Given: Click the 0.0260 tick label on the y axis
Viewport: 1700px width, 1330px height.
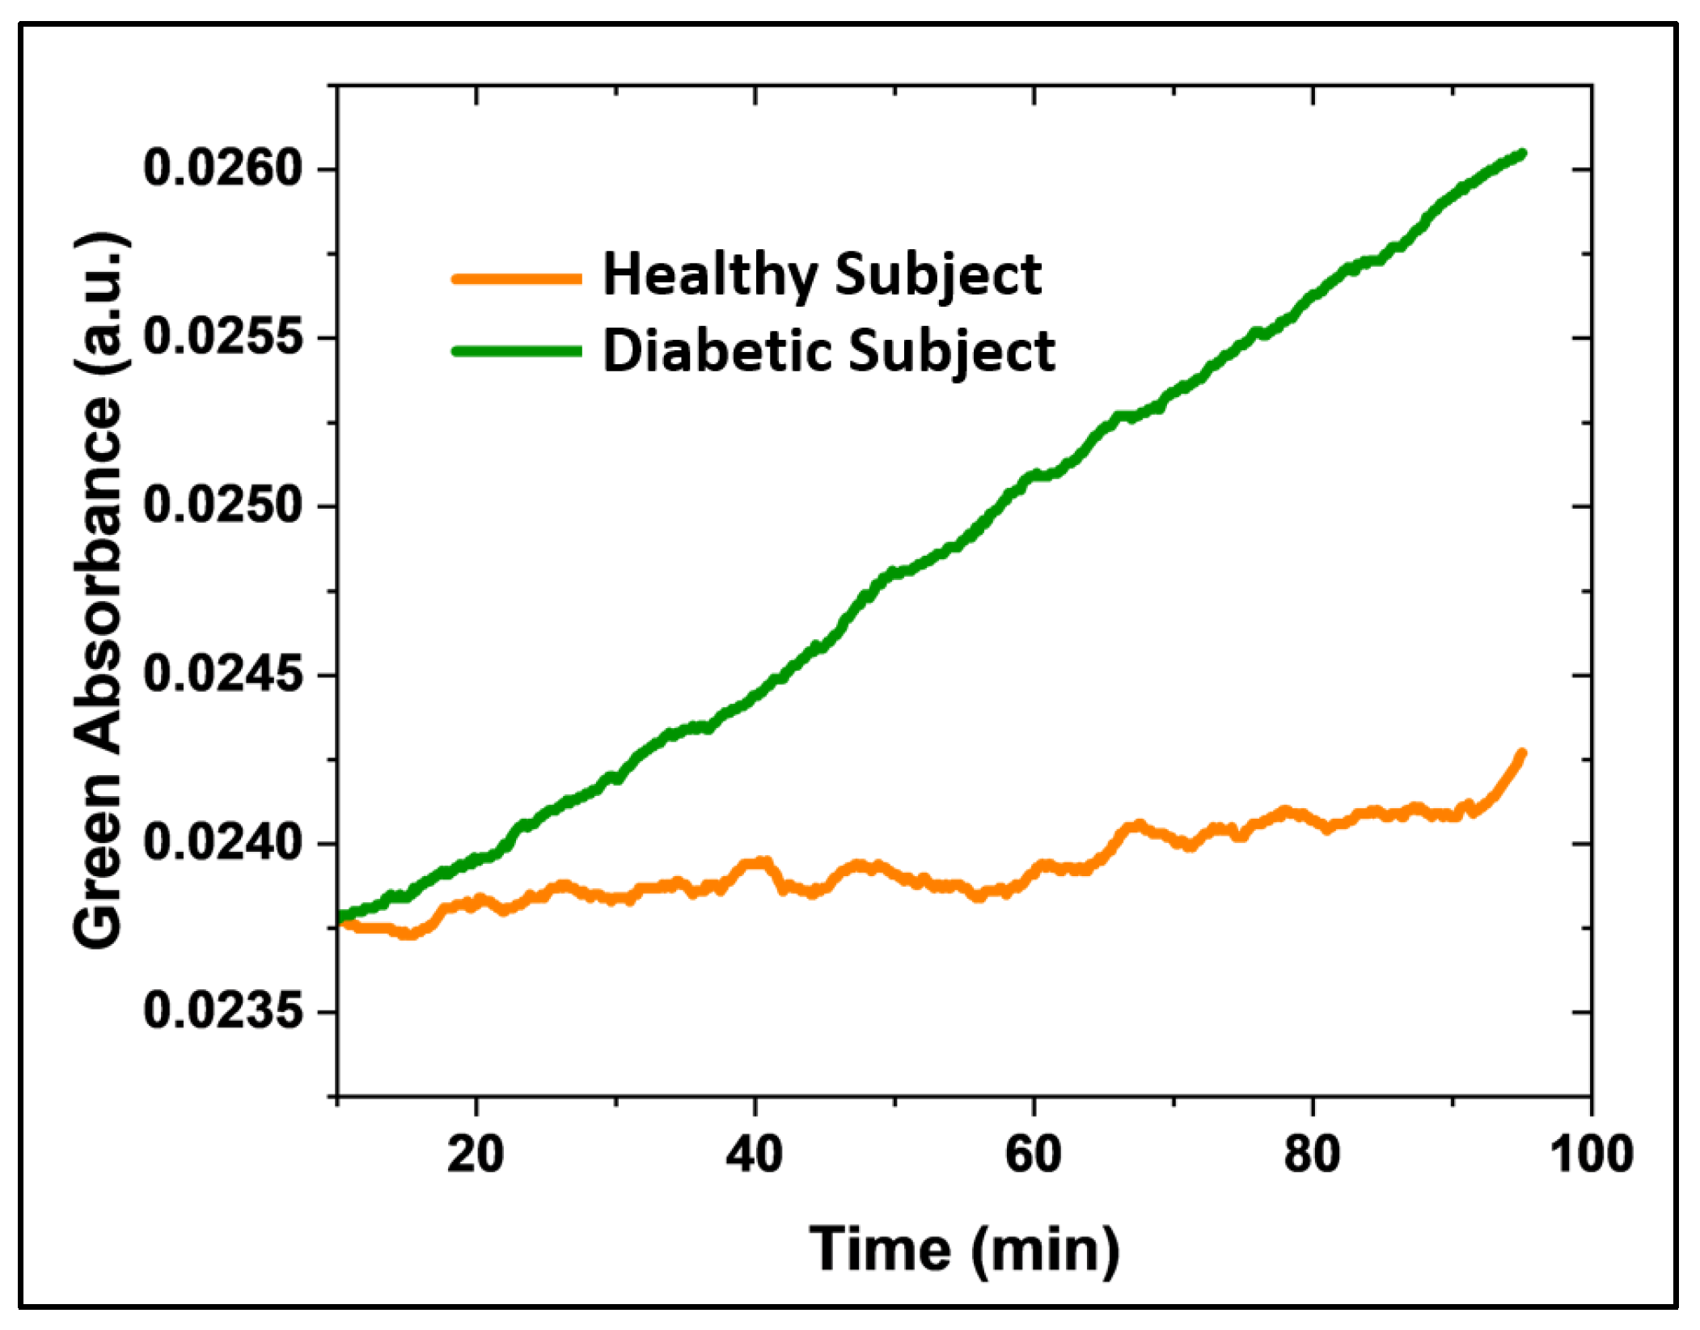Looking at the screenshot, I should click(222, 169).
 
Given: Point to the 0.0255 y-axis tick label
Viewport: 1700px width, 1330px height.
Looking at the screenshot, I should click(222, 337).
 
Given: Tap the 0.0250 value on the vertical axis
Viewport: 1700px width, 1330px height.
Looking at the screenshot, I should click(222, 506).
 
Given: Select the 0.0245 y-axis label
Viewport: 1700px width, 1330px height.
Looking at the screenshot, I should click(222, 675).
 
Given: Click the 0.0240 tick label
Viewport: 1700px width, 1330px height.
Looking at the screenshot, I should click(222, 843).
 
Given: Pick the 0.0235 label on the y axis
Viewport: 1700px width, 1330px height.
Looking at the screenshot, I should click(222, 1011).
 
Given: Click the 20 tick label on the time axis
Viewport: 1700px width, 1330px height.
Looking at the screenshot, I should click(476, 1154).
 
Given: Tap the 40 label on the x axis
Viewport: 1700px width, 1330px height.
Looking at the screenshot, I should click(754, 1154).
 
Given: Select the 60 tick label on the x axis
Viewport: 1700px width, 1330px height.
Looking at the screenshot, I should click(1033, 1154).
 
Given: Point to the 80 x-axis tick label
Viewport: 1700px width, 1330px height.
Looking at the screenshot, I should click(1312, 1154).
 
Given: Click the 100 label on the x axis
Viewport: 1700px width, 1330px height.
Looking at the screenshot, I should click(1590, 1154).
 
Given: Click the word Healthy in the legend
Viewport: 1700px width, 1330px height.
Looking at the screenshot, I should click(708, 275).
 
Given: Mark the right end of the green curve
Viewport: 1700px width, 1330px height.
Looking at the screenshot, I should click(1522, 153).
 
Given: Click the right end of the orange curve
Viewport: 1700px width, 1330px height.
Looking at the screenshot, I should click(1521, 753).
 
